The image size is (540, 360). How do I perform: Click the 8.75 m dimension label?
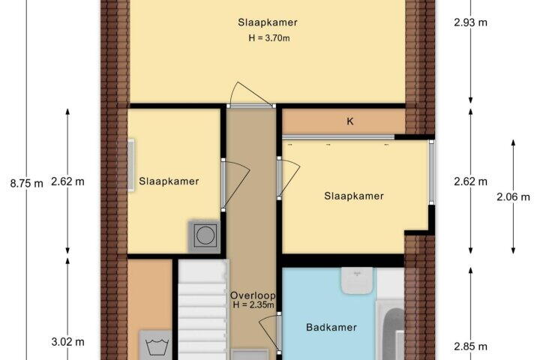tap(26, 183)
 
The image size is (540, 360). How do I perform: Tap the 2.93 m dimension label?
tap(470, 22)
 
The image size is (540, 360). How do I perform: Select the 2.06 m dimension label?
tap(513, 196)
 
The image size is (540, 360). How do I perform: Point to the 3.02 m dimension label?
tap(67, 342)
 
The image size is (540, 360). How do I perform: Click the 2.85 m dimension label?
tap(470, 346)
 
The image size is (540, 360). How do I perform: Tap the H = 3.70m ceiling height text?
tap(269, 38)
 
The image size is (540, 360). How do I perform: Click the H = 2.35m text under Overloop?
tap(253, 304)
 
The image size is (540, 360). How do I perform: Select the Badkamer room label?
tap(331, 327)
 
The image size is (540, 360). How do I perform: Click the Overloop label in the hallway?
tap(253, 295)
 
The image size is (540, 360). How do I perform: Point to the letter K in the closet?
tap(350, 121)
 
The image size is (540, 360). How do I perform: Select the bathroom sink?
tap(357, 280)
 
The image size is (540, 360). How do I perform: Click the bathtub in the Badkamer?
tap(391, 331)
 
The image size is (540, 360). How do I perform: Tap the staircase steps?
tap(202, 310)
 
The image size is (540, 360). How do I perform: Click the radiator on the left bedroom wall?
tap(130, 165)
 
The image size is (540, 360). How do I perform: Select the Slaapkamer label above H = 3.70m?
tap(268, 22)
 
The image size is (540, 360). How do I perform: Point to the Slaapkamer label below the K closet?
tap(354, 196)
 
